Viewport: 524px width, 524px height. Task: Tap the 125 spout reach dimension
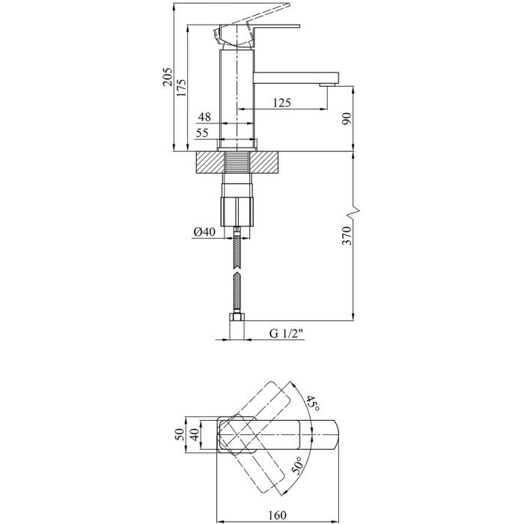pos(282,103)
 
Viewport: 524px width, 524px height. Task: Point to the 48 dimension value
pos(204,118)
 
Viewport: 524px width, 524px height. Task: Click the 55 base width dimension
pos(203,132)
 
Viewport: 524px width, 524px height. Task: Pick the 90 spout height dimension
pos(346,118)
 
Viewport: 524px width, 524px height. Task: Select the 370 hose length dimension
pos(346,237)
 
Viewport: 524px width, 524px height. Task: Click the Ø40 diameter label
pos(204,232)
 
